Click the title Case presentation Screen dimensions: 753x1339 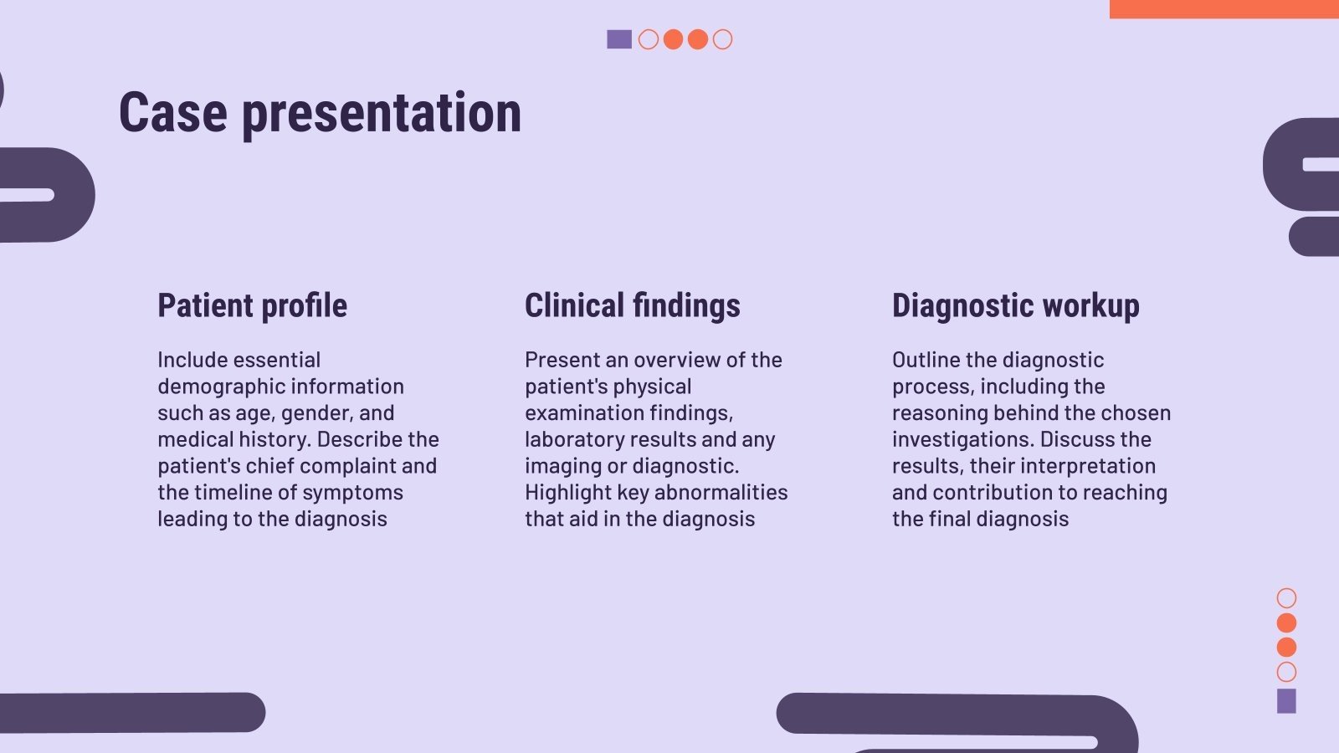point(320,113)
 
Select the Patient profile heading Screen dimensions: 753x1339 point(252,305)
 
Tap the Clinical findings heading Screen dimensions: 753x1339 point(632,305)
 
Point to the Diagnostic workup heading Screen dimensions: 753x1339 point(1015,305)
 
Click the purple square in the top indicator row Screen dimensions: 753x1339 point(619,39)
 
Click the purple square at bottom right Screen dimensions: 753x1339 point(1286,701)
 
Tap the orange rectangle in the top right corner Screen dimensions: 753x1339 point(1224,8)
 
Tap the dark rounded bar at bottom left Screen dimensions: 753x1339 point(132,712)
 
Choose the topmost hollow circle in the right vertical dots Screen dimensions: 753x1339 point(1286,597)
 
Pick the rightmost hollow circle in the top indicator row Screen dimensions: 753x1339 point(722,39)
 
